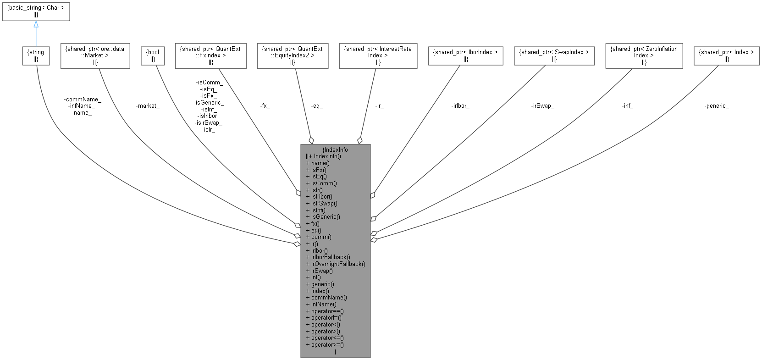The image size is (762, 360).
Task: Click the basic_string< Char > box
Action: click(x=36, y=11)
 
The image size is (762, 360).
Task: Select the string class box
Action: click(x=36, y=55)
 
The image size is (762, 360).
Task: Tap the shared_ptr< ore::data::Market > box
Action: click(x=95, y=55)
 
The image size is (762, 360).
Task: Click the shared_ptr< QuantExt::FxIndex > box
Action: click(x=210, y=55)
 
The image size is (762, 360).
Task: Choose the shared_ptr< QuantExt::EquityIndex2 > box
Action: click(x=293, y=55)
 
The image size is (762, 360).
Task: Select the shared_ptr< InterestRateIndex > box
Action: click(x=378, y=55)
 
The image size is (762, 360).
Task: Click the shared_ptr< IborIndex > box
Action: click(x=465, y=55)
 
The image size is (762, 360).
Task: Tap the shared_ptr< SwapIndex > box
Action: click(x=554, y=55)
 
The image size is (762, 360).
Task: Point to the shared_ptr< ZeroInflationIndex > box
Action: click(x=644, y=55)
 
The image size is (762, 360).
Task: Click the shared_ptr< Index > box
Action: click(x=726, y=55)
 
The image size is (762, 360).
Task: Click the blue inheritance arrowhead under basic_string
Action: click(x=36, y=25)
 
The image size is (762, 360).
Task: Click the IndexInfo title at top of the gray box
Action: click(x=335, y=150)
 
